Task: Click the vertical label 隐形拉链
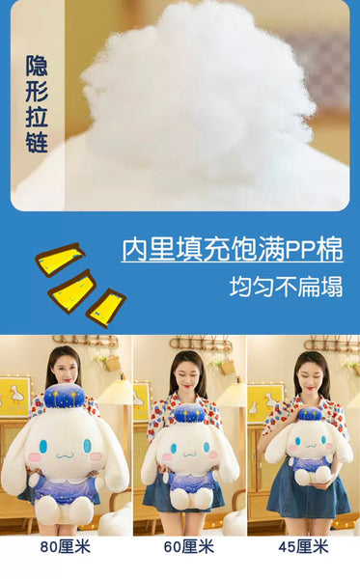[38, 104]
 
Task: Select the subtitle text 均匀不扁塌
[286, 287]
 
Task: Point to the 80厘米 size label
[62, 546]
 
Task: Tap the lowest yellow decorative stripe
[106, 307]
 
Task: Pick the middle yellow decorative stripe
[72, 289]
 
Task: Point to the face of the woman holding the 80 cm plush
[63, 369]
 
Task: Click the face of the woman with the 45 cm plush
[312, 373]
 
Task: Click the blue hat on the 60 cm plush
[187, 414]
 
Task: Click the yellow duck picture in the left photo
[14, 397]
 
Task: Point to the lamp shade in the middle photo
[231, 393]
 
